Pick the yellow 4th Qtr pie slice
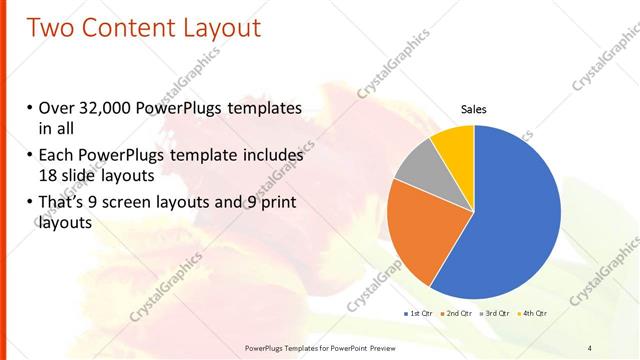tap(455, 145)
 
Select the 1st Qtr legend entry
tap(417, 314)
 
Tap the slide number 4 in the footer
tap(590, 347)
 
